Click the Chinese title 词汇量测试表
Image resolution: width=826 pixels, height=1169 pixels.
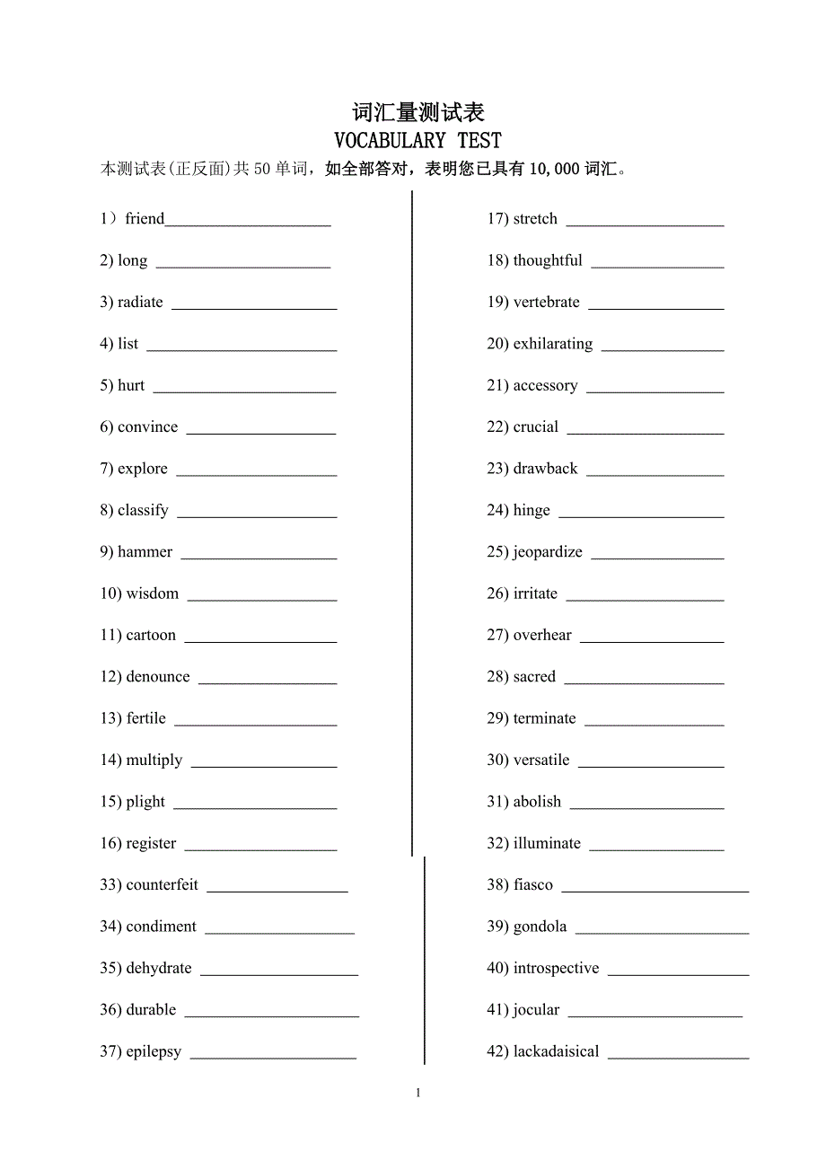[x=418, y=112]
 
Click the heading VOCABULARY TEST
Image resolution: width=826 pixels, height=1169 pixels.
[x=417, y=140]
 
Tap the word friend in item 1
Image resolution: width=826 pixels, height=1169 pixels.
[x=145, y=218]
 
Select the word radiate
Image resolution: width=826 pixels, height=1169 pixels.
[x=140, y=302]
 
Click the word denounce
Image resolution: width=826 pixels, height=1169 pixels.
[x=158, y=676]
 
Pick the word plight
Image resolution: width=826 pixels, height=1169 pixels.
[x=145, y=802]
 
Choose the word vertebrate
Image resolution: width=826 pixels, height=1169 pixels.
[x=546, y=302]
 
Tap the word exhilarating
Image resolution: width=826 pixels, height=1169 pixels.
[x=552, y=343]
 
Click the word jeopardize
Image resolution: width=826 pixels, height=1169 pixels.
[x=547, y=551]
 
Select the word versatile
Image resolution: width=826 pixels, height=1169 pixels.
[x=540, y=760]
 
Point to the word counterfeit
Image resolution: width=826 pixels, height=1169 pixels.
[x=162, y=884]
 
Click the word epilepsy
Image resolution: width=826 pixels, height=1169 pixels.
[x=154, y=1051]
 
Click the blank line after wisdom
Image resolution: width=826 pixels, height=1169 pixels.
[x=262, y=599]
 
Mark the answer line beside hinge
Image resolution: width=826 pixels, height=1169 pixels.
[x=641, y=516]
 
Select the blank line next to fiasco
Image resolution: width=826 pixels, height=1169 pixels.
[x=655, y=891]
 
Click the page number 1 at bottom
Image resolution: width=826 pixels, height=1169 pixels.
[x=418, y=1093]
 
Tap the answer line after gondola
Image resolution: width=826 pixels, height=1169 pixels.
[x=662, y=932]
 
